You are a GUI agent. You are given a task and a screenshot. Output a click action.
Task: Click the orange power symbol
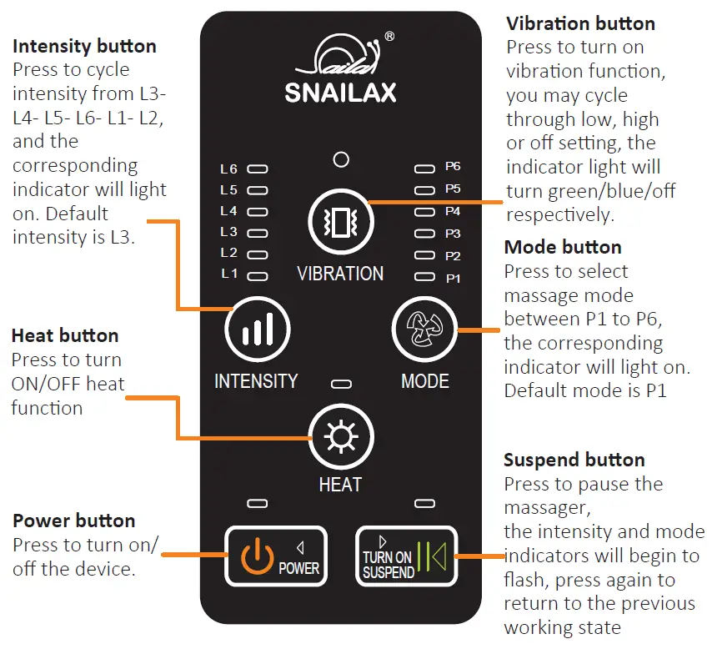[x=257, y=556]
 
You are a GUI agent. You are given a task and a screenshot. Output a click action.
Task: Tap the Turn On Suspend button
[x=405, y=556]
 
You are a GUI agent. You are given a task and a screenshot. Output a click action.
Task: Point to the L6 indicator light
[x=258, y=169]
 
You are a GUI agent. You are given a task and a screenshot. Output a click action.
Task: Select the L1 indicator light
[x=258, y=274]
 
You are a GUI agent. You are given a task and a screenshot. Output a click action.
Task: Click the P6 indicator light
[x=425, y=169]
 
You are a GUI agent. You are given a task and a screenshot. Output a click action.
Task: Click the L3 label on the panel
[x=228, y=232]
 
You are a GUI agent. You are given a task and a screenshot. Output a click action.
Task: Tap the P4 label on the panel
[x=453, y=212]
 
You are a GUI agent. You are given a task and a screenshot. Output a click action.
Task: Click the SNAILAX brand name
[x=340, y=92]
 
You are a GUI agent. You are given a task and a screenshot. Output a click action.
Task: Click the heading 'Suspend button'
[x=574, y=460]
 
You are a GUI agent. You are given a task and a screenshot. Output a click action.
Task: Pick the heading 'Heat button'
[x=65, y=336]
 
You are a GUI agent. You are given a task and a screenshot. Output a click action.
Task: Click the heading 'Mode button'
[x=563, y=247]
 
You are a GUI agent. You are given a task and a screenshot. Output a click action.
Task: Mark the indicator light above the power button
[x=258, y=504]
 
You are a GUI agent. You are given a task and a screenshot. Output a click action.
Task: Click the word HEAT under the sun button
[x=340, y=484]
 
